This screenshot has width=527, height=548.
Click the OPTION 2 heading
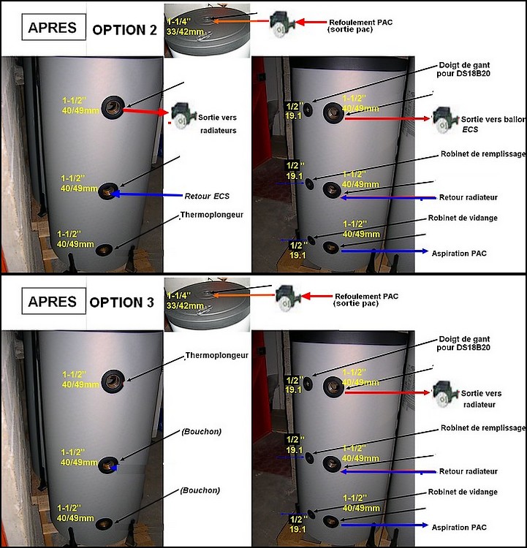(124, 30)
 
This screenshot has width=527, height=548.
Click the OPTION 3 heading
(121, 302)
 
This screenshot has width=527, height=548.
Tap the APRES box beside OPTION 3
(53, 301)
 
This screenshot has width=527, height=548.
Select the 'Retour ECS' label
(207, 196)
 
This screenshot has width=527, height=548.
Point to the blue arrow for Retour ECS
(147, 194)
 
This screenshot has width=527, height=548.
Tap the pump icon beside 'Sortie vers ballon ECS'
(445, 119)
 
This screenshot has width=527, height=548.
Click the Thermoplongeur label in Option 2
(211, 215)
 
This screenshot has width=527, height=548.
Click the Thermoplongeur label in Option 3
(217, 355)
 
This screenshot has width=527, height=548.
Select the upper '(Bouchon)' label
(202, 432)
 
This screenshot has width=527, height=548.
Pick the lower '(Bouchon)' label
(200, 490)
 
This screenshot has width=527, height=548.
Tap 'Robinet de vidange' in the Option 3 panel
(463, 492)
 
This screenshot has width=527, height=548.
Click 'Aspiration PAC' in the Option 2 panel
(459, 254)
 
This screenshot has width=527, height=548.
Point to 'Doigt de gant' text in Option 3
(464, 339)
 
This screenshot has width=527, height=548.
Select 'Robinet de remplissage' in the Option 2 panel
(483, 154)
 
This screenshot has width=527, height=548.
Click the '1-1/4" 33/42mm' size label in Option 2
(185, 27)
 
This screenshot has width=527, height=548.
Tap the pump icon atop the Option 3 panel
(288, 298)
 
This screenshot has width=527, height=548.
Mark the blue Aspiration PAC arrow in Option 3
(384, 525)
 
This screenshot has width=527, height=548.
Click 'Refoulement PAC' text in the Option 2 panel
(361, 23)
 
